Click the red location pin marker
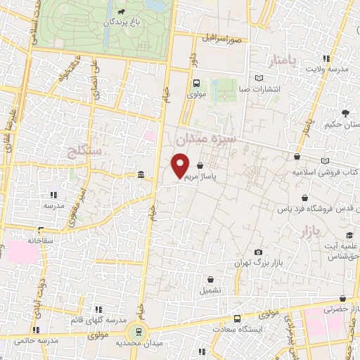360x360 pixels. point(181,165)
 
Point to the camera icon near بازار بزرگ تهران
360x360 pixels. point(258,252)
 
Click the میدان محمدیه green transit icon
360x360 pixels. point(138,331)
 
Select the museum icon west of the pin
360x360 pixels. point(141,174)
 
